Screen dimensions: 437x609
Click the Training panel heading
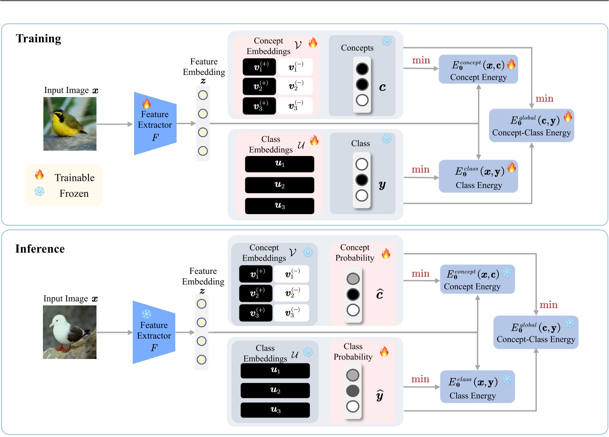point(39,39)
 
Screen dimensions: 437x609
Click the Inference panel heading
point(40,249)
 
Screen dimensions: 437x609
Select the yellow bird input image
point(70,124)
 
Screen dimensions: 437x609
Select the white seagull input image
point(69,332)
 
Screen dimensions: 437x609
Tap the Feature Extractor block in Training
point(155,124)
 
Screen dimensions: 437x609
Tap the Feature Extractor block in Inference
point(154,333)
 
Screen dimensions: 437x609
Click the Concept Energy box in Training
point(478,70)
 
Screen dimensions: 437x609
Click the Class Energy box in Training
point(478,176)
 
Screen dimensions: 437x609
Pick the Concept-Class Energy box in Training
point(531,125)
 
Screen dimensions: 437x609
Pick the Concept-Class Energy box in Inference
point(536,332)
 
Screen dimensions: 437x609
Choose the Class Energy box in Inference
point(477,387)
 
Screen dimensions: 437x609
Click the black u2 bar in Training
point(279,185)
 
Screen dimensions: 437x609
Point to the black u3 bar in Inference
point(275,410)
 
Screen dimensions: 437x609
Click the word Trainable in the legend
point(74,178)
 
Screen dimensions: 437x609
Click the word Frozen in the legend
point(74,194)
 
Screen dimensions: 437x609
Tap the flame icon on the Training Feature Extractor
point(146,104)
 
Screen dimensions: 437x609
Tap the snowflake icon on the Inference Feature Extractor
point(146,314)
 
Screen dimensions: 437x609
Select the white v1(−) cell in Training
point(295,67)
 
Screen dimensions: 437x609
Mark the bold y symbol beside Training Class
point(382,185)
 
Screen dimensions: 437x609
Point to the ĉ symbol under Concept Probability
point(380,294)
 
